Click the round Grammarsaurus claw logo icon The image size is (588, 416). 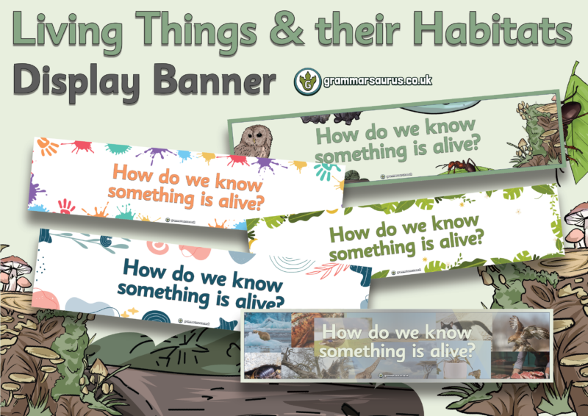coord(305,82)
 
